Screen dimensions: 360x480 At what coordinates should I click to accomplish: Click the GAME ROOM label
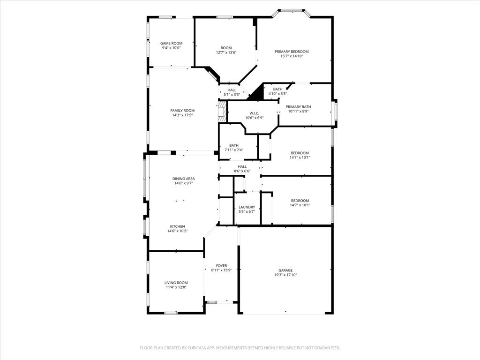[171, 43]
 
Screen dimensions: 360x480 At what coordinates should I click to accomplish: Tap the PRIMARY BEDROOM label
[292, 52]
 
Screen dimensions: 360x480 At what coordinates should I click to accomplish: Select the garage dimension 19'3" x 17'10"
[285, 275]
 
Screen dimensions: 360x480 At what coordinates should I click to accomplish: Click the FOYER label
[221, 266]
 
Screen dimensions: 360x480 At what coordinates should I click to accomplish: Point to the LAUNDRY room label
[247, 207]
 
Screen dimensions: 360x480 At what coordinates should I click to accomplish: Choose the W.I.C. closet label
[254, 113]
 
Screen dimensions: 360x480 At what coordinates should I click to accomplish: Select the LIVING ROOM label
[176, 283]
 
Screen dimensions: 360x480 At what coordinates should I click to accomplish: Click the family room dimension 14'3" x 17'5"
[182, 115]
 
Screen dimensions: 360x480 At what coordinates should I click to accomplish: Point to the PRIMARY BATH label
[298, 107]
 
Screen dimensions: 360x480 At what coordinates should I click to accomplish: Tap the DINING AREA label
[183, 179]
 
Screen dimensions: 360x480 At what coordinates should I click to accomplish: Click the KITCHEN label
[177, 226]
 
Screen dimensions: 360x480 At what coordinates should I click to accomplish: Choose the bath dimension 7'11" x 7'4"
[233, 150]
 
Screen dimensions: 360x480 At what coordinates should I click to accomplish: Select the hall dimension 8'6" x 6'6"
[242, 171]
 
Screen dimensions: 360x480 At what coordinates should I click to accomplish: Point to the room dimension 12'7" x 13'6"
[226, 52]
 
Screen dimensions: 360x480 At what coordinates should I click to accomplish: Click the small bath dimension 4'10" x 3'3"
[277, 94]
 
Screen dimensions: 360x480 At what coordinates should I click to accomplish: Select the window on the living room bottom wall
[171, 313]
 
